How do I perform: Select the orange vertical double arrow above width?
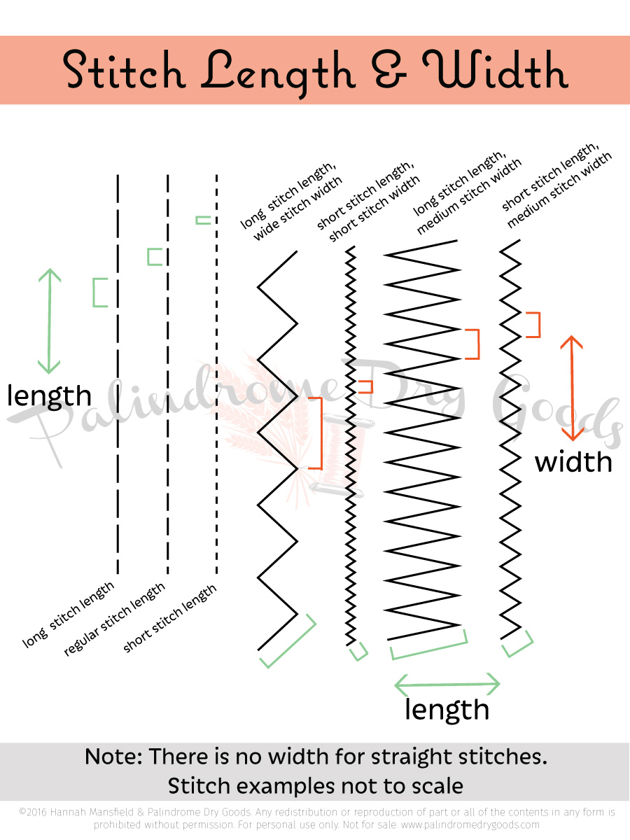click(573, 388)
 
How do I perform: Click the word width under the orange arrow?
click(573, 462)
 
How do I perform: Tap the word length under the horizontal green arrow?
click(447, 710)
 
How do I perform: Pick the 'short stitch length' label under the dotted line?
click(170, 617)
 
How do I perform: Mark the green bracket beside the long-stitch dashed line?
click(99, 293)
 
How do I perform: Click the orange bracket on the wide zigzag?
click(316, 433)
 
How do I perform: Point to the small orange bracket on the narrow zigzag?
click(366, 386)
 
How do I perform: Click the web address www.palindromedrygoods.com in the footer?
click(468, 824)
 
